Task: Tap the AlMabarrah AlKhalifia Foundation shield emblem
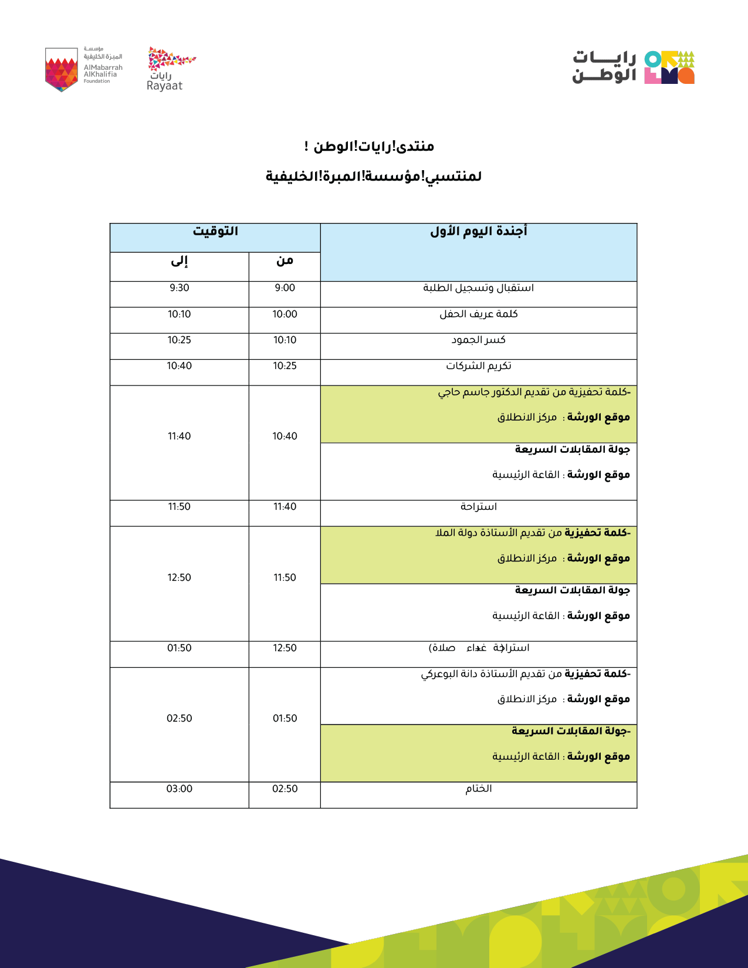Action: coord(62,70)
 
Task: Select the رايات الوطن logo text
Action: coord(604,67)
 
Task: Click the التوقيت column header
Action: coord(215,232)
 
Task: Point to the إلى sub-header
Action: coord(179,261)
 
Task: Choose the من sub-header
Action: coord(285,261)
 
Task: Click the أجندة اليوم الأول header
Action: coord(478,232)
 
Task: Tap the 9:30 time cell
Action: coord(179,288)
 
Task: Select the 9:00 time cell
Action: coord(285,288)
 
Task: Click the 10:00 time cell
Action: coord(285,314)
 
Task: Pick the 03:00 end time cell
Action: coord(179,789)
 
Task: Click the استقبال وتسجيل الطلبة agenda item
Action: coord(478,288)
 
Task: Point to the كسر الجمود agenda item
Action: coord(478,340)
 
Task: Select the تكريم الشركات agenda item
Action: coord(478,366)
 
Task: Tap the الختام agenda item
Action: coord(478,789)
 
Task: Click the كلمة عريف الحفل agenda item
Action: coord(478,314)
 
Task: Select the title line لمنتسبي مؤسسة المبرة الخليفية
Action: coord(374,177)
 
